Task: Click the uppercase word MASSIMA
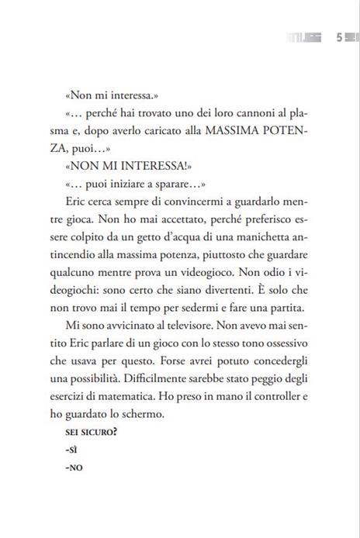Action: pos(216,132)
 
